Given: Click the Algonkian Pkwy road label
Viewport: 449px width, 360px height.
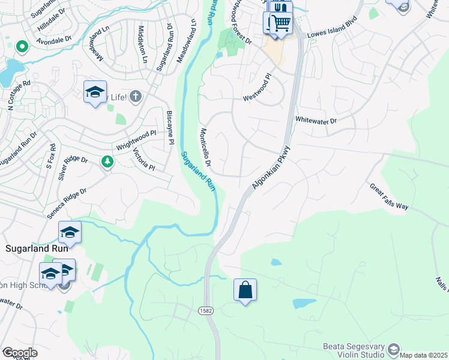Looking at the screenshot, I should coord(271,168).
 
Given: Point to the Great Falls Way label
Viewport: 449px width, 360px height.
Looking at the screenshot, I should coord(389,196).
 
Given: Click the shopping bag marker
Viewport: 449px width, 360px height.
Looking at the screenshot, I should coord(245,290).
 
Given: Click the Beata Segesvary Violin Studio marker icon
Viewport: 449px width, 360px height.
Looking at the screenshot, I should coord(393,349).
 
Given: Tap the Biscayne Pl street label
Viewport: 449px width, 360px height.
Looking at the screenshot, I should coord(170,127).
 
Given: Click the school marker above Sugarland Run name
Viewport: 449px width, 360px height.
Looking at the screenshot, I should coord(70,232).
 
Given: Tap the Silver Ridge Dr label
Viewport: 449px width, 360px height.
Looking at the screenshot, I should coord(73,169).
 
